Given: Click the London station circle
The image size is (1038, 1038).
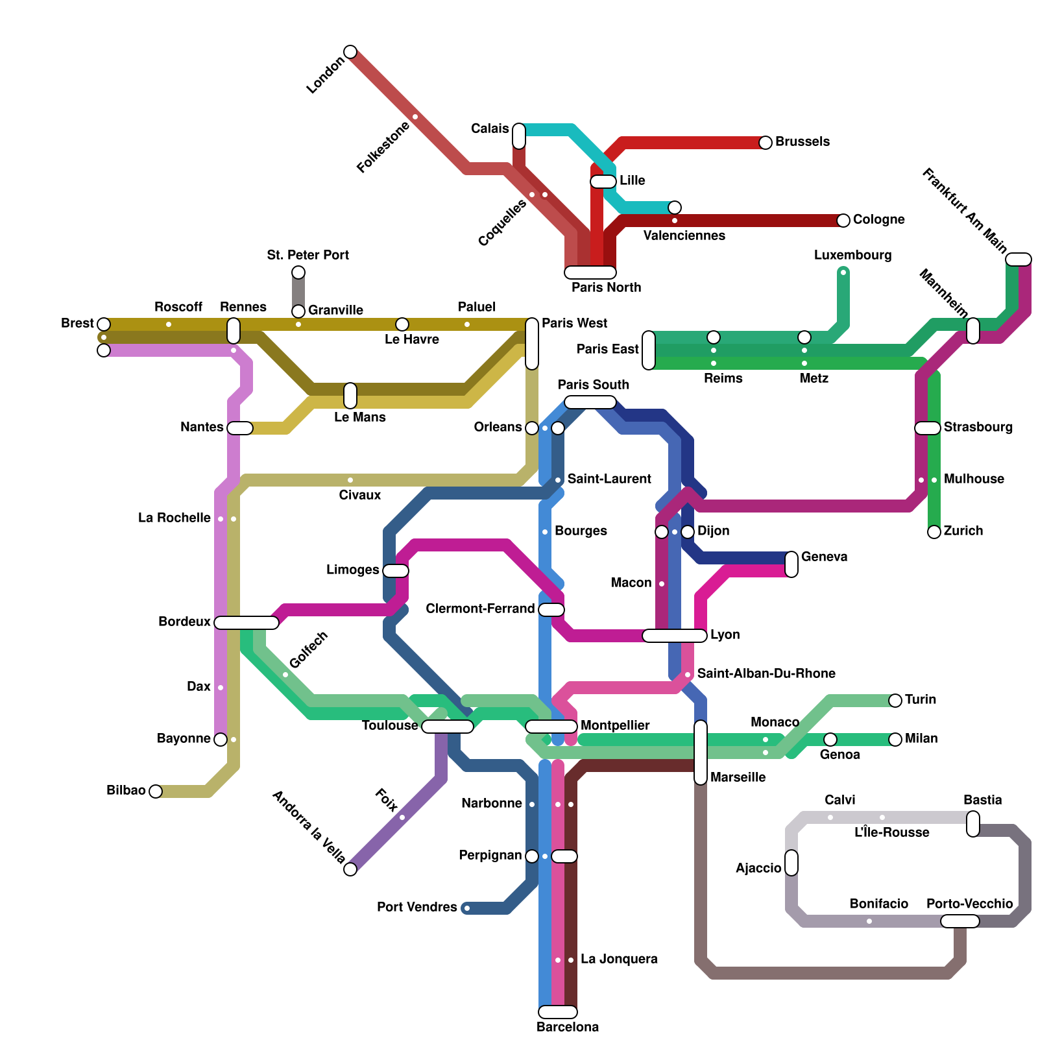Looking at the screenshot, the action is pos(350,52).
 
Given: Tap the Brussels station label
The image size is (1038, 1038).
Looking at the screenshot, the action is pos(802,141).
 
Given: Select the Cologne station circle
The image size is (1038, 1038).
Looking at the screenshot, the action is pos(843,221).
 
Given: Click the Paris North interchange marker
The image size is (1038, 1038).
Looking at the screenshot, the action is pos(590,272).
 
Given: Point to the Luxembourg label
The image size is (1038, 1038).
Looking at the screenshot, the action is pos(852,255).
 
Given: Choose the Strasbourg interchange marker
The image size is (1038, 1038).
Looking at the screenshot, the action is pos(928,428).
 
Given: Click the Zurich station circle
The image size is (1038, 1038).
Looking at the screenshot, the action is pos(934,532).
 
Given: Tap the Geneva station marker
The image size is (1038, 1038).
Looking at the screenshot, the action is pos(791,564).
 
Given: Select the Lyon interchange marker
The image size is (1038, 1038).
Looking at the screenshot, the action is pos(675,636).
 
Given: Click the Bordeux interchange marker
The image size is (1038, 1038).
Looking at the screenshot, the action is pos(247,623).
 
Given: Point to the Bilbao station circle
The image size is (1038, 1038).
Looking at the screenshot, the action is pos(156,791).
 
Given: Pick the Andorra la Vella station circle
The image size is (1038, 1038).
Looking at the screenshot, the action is pos(350,869).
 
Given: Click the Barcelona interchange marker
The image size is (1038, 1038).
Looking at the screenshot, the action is pos(558,1012).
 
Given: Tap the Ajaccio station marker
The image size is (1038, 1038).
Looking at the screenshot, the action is pos(791,863).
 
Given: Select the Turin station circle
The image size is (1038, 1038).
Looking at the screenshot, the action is pos(895,701).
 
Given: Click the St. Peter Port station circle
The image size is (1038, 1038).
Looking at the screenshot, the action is pos(298,272).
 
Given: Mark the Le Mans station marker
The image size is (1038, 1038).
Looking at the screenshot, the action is pos(350,396).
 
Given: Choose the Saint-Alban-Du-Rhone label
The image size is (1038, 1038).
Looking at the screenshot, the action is pos(766,673).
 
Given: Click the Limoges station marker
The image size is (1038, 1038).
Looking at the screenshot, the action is pos(396,571).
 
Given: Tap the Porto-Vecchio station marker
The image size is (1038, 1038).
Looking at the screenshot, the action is pos(960,921).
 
